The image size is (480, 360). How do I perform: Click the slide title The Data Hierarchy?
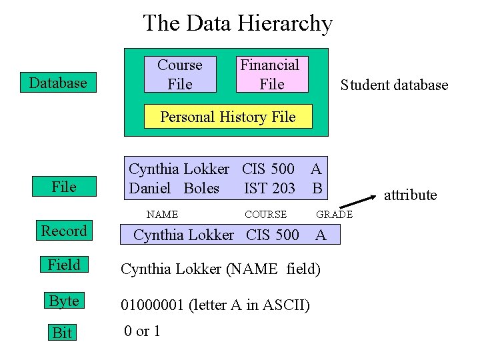point(237,24)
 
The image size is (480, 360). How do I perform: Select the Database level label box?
point(58,83)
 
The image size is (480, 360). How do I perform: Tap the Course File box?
point(180,74)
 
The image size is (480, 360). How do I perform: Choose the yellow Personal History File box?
point(228,117)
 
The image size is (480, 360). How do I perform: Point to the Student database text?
point(394,85)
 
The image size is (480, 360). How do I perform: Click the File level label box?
point(64,187)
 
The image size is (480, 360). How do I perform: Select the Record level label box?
point(64,231)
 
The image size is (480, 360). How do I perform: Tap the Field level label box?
point(64,265)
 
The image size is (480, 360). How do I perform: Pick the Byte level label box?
point(64,301)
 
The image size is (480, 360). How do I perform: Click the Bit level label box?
point(62,333)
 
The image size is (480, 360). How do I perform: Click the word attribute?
point(410,195)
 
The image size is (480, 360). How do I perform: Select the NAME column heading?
point(162,215)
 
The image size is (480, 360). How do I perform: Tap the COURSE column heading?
point(265,215)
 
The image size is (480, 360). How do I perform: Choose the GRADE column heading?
point(334,215)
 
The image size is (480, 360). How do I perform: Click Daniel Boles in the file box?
point(174,189)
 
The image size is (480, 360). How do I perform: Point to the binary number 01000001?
point(152,305)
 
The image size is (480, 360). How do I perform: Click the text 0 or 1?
point(142,331)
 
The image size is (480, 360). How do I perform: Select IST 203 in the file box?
point(269,189)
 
